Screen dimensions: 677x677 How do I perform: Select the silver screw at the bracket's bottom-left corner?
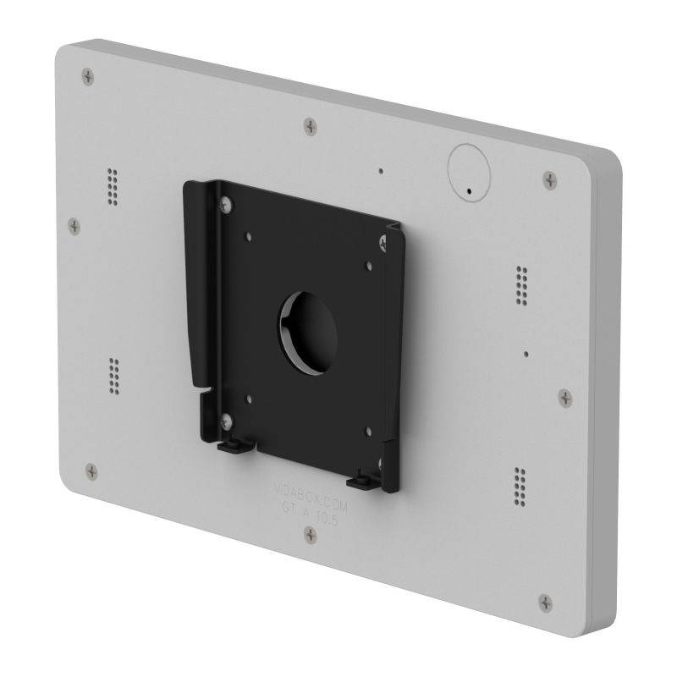(x=224, y=418)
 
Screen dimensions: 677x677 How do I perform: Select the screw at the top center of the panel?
(x=312, y=125)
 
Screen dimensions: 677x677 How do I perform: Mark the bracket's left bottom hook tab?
(x=233, y=446)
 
